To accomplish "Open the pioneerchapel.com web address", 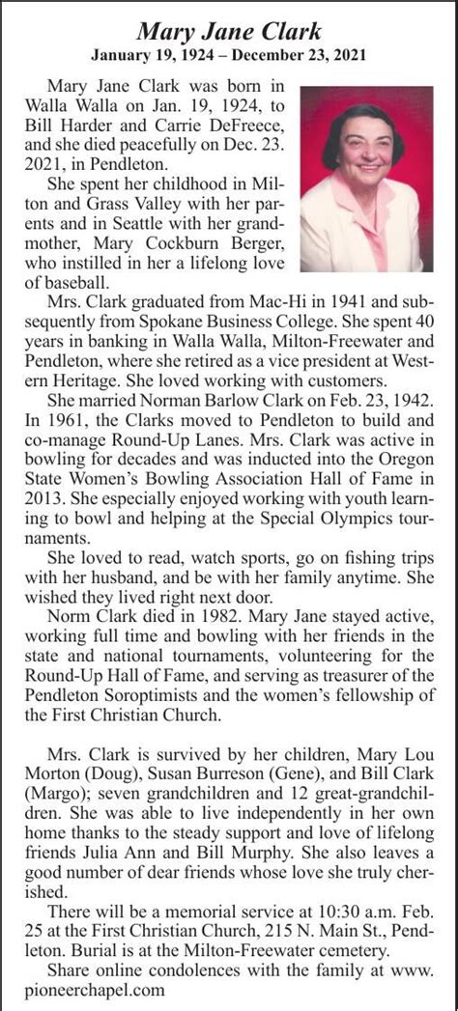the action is [x=95, y=987].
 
